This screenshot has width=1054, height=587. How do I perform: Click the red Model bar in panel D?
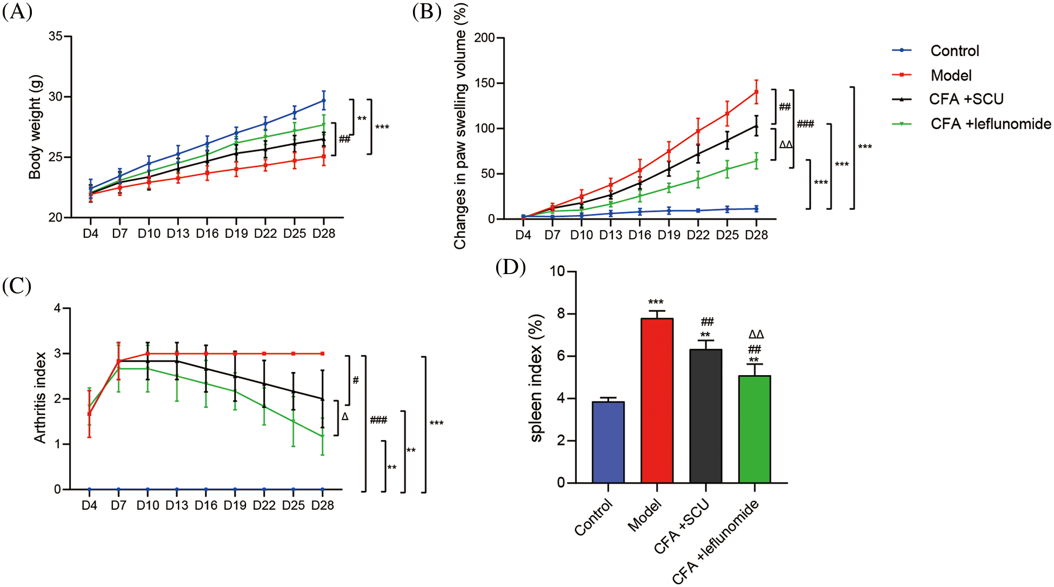pyautogui.click(x=657, y=401)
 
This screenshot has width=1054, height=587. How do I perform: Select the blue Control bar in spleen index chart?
pyautogui.click(x=608, y=442)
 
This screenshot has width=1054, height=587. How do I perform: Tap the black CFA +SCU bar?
pyautogui.click(x=705, y=416)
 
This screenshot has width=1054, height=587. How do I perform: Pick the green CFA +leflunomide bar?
pyautogui.click(x=754, y=429)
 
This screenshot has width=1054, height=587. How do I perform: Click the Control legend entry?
pyautogui.click(x=954, y=51)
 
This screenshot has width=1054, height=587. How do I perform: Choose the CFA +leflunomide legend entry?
pyautogui.click(x=990, y=124)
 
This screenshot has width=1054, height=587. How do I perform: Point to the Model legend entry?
pyautogui.click(x=951, y=75)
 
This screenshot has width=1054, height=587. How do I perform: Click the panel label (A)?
pyautogui.click(x=17, y=11)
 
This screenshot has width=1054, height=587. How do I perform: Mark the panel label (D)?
pyautogui.click(x=510, y=267)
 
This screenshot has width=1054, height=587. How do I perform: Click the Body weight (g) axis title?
pyautogui.click(x=35, y=127)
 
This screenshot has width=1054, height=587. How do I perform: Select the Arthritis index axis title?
pyautogui.click(x=40, y=398)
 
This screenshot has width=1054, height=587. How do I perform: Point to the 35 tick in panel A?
pyautogui.click(x=55, y=36)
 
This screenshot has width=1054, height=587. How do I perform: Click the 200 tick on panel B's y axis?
pyautogui.click(x=484, y=38)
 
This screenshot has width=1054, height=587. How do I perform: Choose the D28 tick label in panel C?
pyautogui.click(x=323, y=505)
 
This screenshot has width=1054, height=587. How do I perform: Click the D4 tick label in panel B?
pyautogui.click(x=523, y=235)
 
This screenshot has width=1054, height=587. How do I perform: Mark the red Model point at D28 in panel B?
pyautogui.click(x=756, y=92)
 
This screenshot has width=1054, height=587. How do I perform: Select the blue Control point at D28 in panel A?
pyautogui.click(x=323, y=101)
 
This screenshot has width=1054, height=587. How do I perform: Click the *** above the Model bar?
pyautogui.click(x=656, y=302)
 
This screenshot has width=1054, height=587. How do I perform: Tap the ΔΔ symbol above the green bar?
pyautogui.click(x=756, y=335)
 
